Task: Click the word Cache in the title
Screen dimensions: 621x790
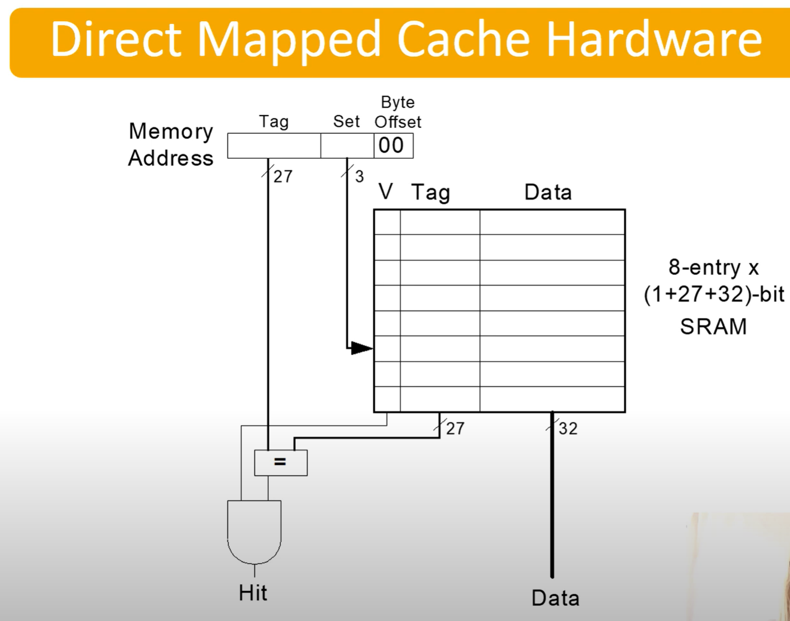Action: pyautogui.click(x=463, y=39)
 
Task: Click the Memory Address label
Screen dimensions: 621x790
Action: pyautogui.click(x=170, y=144)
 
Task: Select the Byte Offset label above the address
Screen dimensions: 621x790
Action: pyautogui.click(x=398, y=112)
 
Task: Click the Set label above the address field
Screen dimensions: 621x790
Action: pyautogui.click(x=346, y=122)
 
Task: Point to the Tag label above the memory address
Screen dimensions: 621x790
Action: pyautogui.click(x=274, y=122)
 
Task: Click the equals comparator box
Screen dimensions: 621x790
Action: pyautogui.click(x=280, y=462)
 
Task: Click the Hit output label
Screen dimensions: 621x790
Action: pyautogui.click(x=253, y=593)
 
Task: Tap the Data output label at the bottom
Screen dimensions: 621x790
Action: pyautogui.click(x=555, y=598)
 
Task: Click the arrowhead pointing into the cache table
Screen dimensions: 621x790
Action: pyautogui.click(x=362, y=348)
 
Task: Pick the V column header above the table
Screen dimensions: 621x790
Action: pyautogui.click(x=386, y=191)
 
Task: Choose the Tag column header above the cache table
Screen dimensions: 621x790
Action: pyautogui.click(x=431, y=192)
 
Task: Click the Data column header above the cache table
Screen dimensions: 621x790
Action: pyautogui.click(x=548, y=192)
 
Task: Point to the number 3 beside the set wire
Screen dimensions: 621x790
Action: pyautogui.click(x=359, y=177)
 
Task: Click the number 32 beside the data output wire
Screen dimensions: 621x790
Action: pyautogui.click(x=568, y=428)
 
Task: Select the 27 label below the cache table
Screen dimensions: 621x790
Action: pyautogui.click(x=455, y=428)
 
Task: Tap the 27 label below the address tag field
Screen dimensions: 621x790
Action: pyautogui.click(x=283, y=176)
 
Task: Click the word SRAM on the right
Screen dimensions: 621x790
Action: pyautogui.click(x=713, y=326)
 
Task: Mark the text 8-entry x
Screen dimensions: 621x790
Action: pyautogui.click(x=714, y=267)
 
